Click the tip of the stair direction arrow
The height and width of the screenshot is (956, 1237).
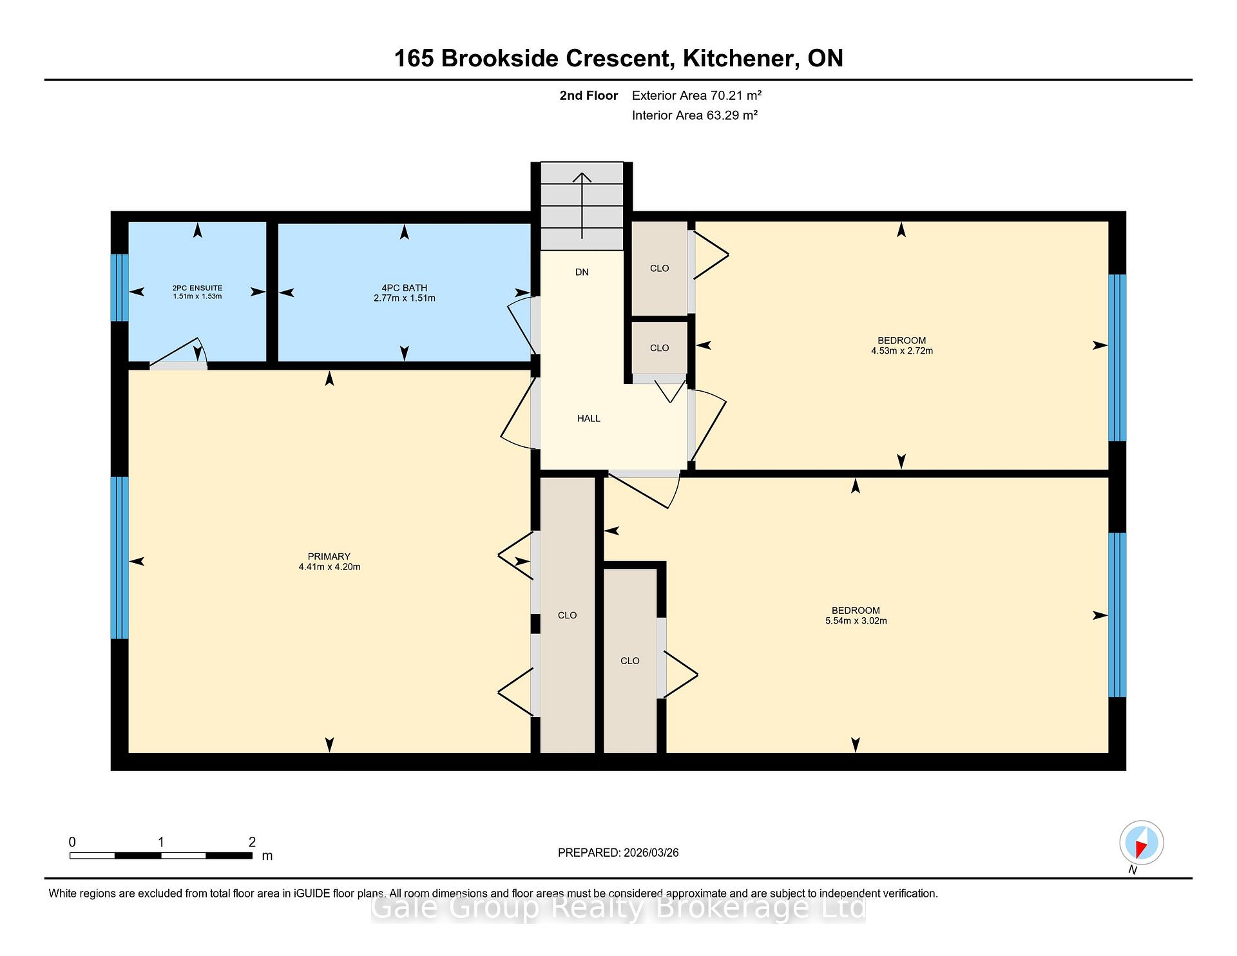582,173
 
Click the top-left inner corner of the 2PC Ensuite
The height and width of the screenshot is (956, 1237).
129,222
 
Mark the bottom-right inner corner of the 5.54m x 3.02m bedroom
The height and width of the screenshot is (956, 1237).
1108,752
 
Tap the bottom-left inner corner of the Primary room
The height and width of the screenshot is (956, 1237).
129,752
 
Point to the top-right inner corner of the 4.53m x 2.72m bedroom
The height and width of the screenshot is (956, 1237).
1108,222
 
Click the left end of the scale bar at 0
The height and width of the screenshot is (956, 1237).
70,856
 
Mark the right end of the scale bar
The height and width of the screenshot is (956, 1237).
252,856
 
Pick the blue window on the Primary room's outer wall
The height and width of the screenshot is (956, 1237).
120,557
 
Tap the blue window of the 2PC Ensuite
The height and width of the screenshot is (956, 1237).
120,287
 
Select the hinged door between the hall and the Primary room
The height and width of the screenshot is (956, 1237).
519,412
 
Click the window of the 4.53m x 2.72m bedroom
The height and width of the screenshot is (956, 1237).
1117,358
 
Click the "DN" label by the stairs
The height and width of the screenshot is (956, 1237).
582,272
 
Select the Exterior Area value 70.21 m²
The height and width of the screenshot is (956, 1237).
736,95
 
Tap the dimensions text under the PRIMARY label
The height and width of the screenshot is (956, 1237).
329,567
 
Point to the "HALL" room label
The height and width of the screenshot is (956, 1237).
589,418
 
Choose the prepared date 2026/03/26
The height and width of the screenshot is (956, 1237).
651,852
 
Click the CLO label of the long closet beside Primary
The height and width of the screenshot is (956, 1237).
567,615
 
